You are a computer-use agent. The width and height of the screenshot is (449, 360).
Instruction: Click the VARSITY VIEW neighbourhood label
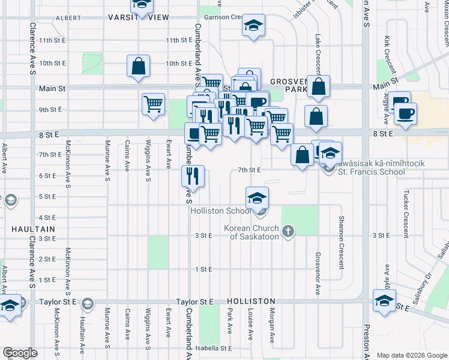pyautogui.click(x=139, y=17)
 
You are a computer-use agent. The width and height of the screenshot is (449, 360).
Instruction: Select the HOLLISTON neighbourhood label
pyautogui.click(x=251, y=301)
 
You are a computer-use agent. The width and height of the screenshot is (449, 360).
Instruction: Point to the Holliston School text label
pyautogui.click(x=220, y=211)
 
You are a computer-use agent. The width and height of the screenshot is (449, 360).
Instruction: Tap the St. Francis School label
pyautogui.click(x=371, y=172)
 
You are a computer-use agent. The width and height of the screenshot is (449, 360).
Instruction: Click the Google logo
pyautogui.click(x=20, y=353)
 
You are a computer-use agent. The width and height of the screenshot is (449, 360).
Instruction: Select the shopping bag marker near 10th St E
pyautogui.click(x=138, y=67)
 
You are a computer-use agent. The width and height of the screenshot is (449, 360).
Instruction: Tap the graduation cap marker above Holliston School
pyautogui.click(x=257, y=197)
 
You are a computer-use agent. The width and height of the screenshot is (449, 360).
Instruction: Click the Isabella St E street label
pyautogui.click(x=217, y=348)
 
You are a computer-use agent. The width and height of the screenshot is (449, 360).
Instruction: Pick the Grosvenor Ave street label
pyautogui.click(x=318, y=273)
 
